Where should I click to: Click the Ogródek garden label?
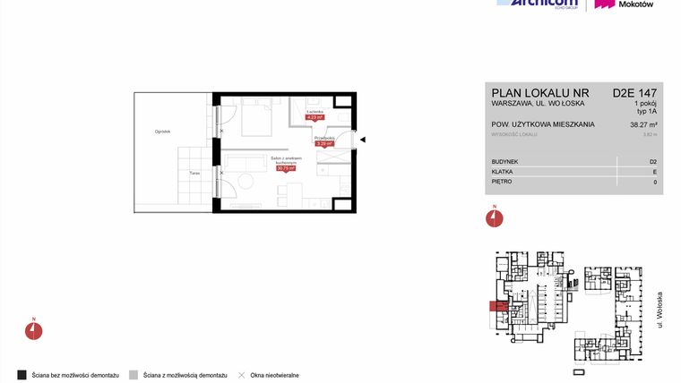point(161,132)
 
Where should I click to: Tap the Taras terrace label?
point(194,174)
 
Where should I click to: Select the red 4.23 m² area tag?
point(314,116)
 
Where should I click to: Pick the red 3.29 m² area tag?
point(324,142)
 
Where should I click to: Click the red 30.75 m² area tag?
point(286,167)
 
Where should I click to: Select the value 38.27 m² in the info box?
point(643,125)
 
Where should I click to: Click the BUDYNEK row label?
point(505,162)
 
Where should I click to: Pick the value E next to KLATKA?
point(654,172)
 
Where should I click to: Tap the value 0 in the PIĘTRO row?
point(654,183)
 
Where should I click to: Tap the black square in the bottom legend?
point(22,375)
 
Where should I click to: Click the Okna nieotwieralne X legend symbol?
point(241,375)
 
